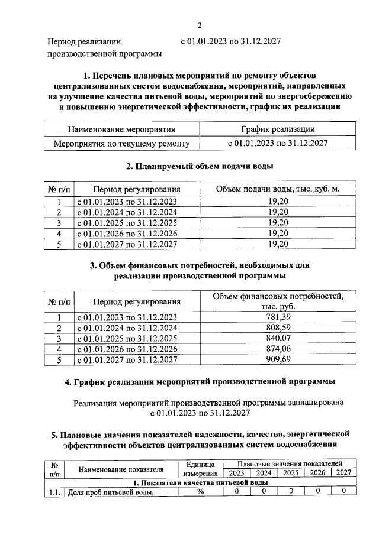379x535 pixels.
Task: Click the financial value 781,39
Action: (278, 317)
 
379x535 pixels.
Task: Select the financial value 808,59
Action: (278, 328)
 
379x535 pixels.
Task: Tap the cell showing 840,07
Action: (278, 338)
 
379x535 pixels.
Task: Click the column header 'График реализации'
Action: (277, 129)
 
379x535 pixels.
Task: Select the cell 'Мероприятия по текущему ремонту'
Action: (121, 143)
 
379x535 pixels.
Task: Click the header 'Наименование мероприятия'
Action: (121, 129)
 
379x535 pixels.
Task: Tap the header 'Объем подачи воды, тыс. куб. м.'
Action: (278, 189)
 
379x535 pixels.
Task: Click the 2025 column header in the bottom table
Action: (290, 473)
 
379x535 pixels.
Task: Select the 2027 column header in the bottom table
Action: (344, 473)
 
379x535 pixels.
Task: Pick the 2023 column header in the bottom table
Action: (236, 473)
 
